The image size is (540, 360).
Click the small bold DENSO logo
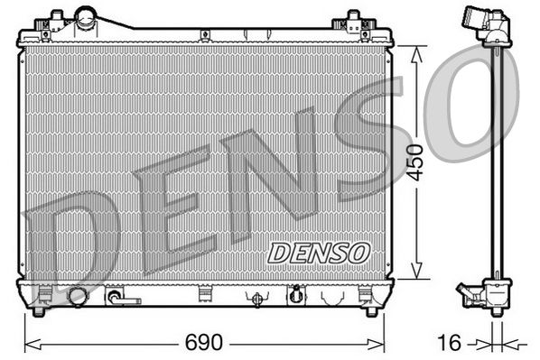(319, 252)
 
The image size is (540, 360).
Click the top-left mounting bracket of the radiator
(57, 20)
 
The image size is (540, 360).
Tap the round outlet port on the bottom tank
(78, 296)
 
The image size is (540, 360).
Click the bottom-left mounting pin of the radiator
(38, 311)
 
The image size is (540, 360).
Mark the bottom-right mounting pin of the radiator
(370, 311)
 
